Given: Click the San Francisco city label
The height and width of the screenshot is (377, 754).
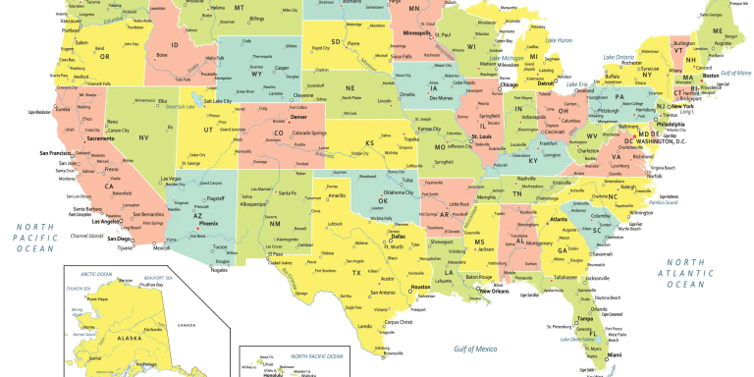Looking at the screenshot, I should (57, 153).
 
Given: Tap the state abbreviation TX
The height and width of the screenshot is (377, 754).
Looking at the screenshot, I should (357, 272).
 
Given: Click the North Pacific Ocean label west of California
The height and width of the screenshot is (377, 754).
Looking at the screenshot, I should (33, 238).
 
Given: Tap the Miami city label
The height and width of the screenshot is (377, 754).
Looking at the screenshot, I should (616, 354).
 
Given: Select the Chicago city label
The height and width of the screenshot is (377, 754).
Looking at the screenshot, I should (510, 84).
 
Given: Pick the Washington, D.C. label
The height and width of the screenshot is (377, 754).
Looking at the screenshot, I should (664, 141).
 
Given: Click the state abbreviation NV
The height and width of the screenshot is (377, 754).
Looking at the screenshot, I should (143, 137).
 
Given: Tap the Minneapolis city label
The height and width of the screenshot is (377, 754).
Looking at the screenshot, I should (418, 32).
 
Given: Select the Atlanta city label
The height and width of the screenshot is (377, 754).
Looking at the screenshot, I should (560, 219).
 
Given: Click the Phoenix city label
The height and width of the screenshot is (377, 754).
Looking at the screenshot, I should (208, 224).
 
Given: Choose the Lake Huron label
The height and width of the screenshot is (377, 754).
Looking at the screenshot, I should (559, 40).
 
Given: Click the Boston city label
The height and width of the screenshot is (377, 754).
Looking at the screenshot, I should (712, 77).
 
